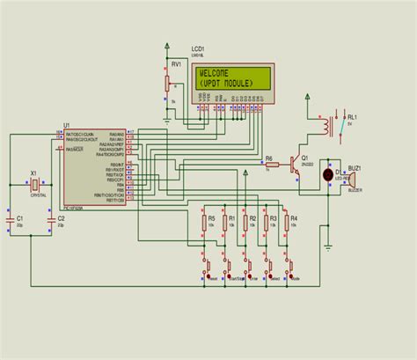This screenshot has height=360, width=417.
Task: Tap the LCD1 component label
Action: pos(198,48)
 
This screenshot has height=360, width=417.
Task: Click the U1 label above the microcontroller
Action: pos(66,126)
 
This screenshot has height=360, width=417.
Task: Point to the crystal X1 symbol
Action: pos(33,186)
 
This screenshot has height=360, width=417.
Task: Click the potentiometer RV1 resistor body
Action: pos(167,82)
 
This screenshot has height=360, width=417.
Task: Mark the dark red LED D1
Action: pos(329,174)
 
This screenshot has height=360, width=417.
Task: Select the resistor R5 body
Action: pos(205,223)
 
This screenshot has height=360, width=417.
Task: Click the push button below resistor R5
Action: pos(207,266)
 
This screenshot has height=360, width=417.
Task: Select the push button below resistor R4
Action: pos(291,266)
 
